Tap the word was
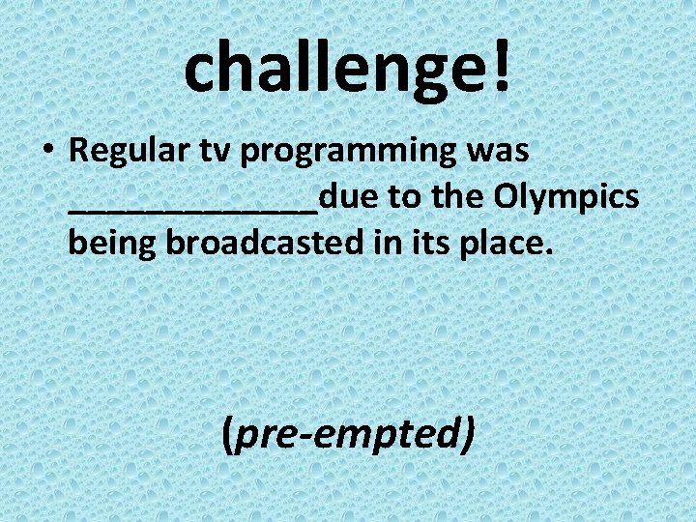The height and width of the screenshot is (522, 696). (496, 152)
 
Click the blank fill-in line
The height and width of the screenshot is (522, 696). (193, 212)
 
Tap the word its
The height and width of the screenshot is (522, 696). (405, 244)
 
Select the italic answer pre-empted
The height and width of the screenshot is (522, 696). (348, 435)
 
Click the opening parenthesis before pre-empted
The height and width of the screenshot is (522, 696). (227, 435)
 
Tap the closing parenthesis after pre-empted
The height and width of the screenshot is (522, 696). (469, 435)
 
